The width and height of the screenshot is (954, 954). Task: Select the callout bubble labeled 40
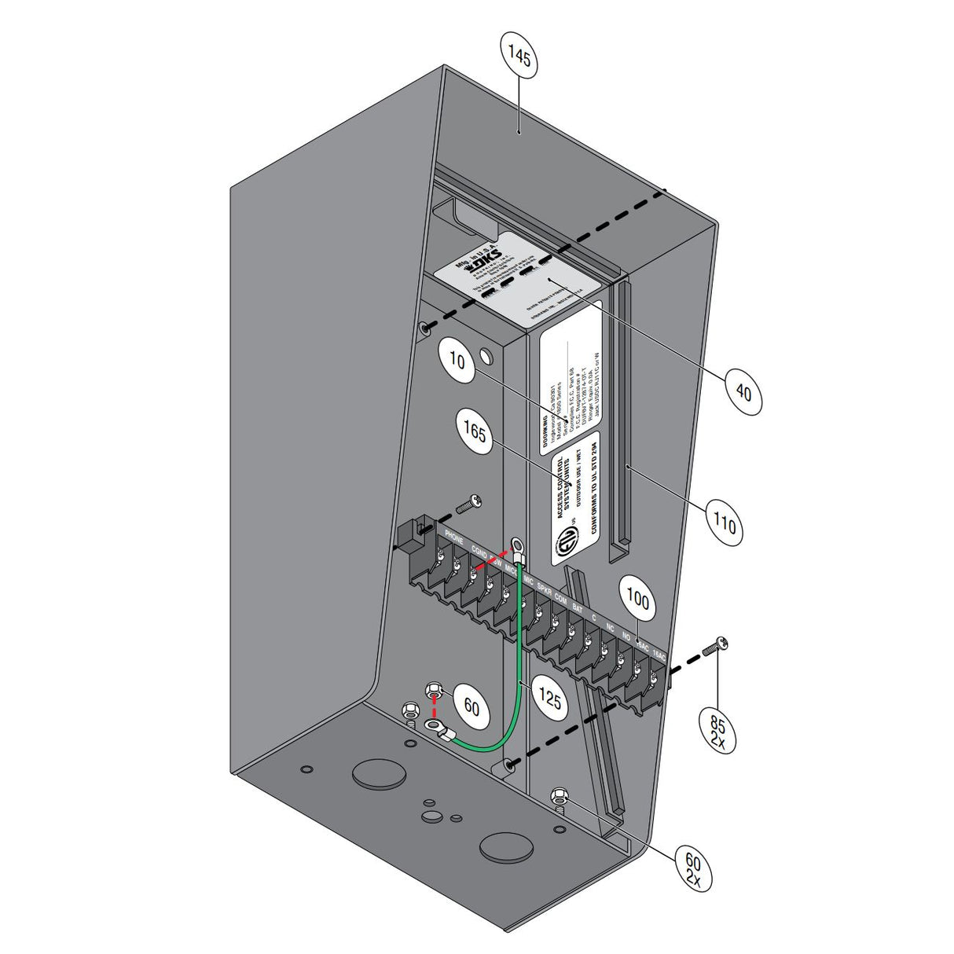point(743,390)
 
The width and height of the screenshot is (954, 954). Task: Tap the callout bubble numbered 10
point(457,361)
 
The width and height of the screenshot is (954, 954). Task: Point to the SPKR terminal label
point(544,587)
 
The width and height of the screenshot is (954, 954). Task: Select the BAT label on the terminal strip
point(577,607)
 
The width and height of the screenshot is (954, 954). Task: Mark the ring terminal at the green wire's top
point(517,543)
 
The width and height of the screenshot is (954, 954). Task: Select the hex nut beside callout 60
point(431,692)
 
